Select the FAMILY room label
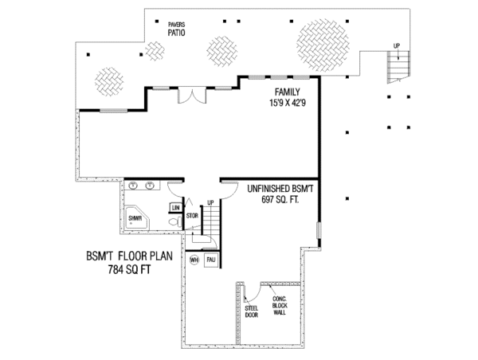point(288,92)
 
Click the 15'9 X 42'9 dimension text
point(288,103)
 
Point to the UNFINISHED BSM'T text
point(280,189)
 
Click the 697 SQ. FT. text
point(280,199)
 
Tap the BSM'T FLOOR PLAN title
point(119,257)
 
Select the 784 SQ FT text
point(119,269)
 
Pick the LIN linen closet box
point(176,208)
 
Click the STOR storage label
point(192,215)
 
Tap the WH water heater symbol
point(194,260)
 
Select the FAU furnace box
point(211,260)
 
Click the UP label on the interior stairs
point(210,203)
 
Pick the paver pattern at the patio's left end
point(108,80)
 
